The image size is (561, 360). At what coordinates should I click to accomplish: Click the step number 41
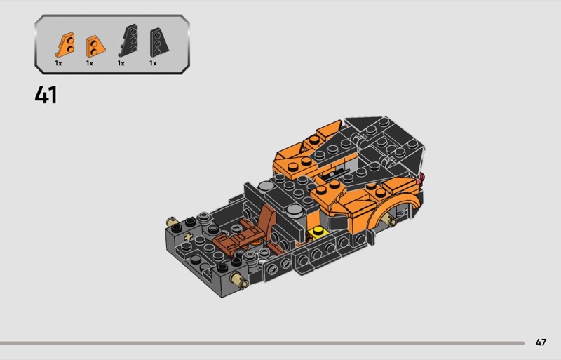pos(46,95)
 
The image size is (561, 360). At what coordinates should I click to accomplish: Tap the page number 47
pos(541,342)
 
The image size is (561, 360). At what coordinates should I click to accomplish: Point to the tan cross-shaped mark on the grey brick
pos(188,236)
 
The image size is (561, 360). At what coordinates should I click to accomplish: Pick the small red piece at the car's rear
pos(422,177)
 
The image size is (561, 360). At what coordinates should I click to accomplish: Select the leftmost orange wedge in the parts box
pos(65,45)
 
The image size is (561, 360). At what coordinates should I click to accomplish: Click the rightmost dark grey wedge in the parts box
pos(159,42)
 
